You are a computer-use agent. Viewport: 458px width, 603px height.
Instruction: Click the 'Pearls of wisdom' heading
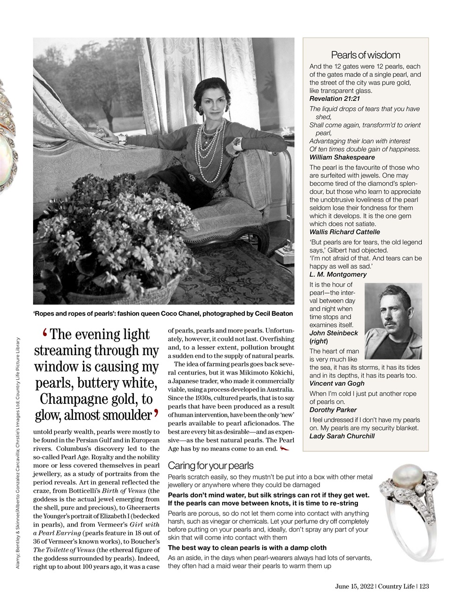click(366, 55)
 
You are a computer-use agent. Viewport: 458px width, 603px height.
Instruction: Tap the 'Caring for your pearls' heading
click(211, 465)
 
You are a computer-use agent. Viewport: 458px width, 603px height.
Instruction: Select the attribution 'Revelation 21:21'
click(334, 98)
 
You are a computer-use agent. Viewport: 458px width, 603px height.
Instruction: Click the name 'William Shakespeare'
click(342, 157)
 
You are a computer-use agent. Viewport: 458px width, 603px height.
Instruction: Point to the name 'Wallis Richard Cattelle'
click(344, 232)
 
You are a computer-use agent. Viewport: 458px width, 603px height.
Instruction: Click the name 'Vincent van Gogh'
click(337, 383)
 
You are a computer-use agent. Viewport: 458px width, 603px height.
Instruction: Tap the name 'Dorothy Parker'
click(333, 410)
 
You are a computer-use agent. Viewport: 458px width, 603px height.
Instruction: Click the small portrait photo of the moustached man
click(393, 320)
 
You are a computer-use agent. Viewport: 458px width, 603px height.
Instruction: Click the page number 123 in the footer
click(423, 587)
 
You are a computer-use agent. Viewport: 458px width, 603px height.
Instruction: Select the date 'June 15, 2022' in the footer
click(354, 587)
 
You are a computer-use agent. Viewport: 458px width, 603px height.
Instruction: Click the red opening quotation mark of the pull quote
click(46, 334)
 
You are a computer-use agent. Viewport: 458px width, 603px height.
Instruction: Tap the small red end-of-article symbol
click(284, 448)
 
